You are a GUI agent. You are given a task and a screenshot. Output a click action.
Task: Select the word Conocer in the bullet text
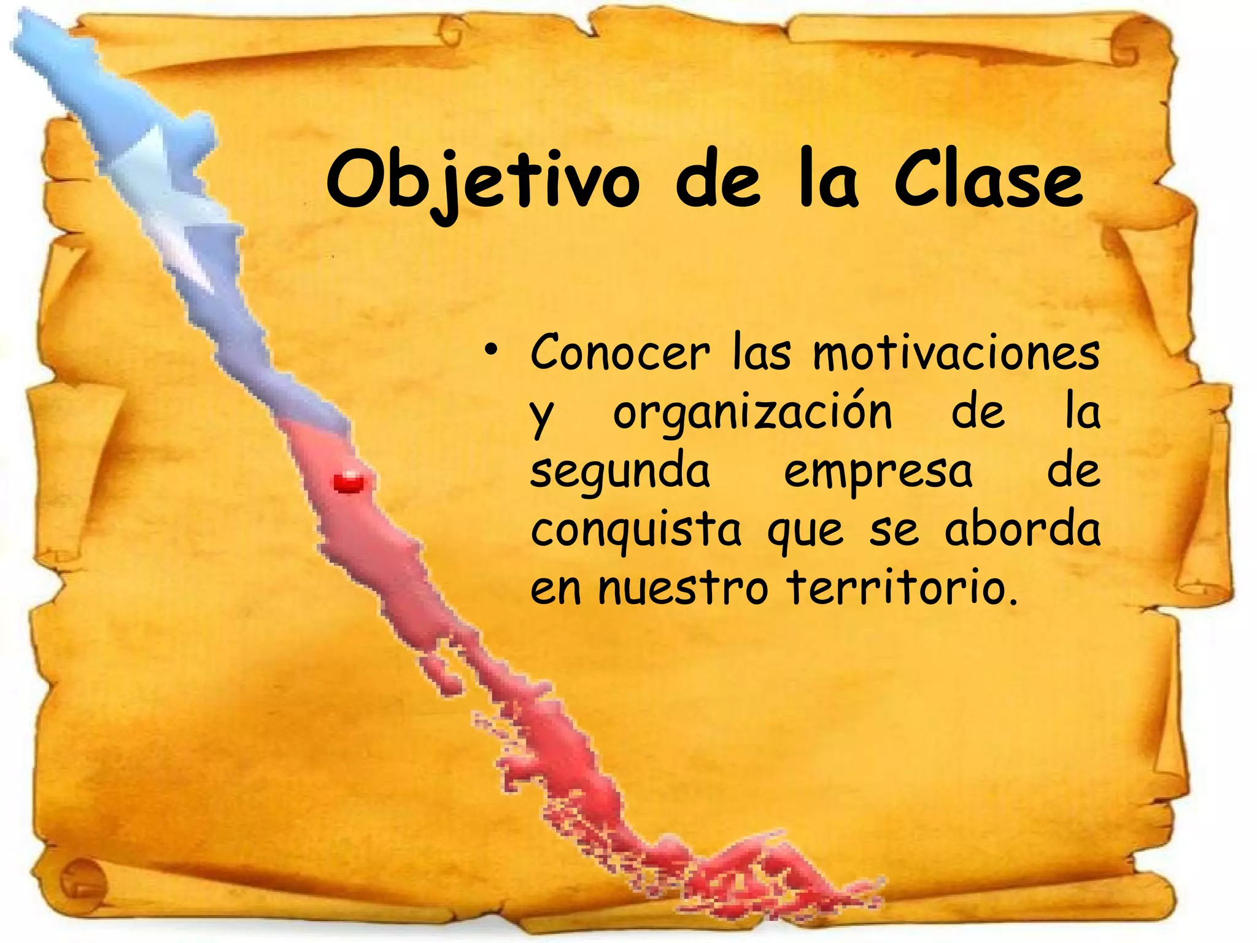621,354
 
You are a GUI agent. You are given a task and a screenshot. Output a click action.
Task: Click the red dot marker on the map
349,482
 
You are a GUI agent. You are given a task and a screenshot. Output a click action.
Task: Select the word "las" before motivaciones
762,354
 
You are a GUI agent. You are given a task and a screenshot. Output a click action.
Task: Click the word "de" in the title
717,182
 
